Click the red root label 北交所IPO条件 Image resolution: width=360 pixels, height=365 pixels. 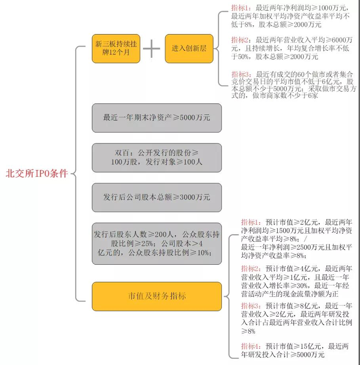(36, 174)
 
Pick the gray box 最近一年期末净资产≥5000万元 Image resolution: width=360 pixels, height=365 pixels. (157, 117)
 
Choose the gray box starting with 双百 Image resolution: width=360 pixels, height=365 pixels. (157, 158)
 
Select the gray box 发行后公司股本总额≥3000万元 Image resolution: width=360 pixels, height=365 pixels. (157, 197)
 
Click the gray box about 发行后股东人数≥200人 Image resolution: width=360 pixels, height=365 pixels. (157, 243)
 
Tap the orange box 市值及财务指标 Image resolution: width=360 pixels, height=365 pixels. (157, 296)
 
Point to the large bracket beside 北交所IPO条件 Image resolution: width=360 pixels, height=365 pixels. (76, 174)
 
